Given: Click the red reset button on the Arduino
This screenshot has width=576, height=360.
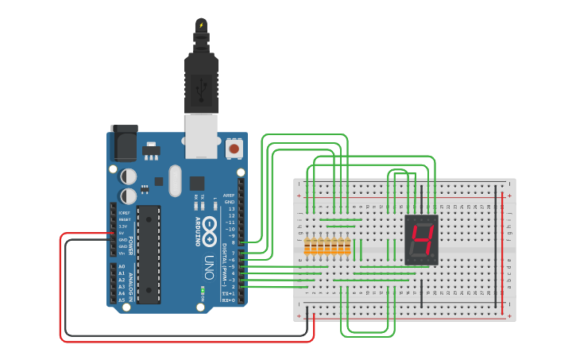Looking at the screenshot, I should click(x=234, y=149).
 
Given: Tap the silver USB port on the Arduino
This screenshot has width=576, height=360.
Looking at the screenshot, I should click(x=201, y=134).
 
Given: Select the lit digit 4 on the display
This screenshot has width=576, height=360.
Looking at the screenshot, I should click(x=421, y=239).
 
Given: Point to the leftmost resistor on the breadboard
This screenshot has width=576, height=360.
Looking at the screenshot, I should click(x=307, y=246).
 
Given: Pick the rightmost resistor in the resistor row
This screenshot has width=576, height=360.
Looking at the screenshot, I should click(x=347, y=246).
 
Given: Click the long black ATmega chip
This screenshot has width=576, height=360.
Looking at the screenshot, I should click(x=148, y=254).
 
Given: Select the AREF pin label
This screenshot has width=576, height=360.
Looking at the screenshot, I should click(x=229, y=195).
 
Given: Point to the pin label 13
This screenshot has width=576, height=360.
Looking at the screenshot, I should click(x=231, y=208).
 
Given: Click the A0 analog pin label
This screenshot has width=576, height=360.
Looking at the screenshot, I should click(x=122, y=266).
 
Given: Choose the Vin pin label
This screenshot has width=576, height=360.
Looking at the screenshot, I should click(x=122, y=253).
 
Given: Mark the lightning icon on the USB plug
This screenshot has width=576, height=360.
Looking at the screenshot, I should click(x=201, y=25).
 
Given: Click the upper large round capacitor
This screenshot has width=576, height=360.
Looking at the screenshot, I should click(x=129, y=176).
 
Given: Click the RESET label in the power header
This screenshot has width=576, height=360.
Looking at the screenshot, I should click(x=124, y=219).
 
